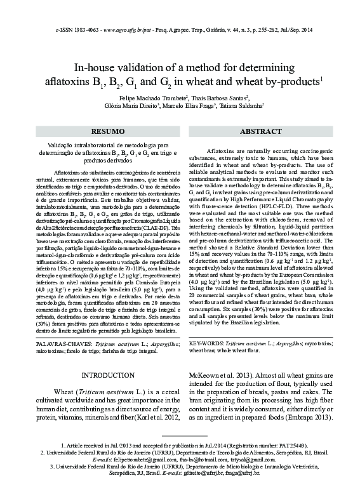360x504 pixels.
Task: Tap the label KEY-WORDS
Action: click(x=207, y=342)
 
